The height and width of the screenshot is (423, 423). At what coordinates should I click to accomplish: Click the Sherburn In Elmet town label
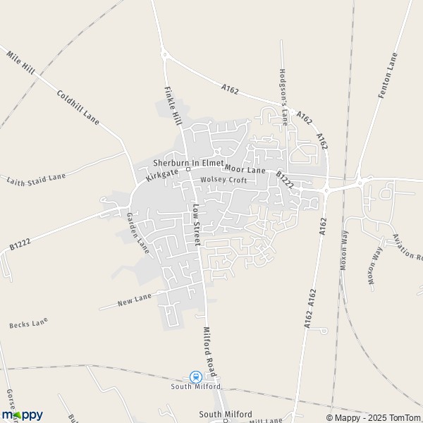(x=188, y=163)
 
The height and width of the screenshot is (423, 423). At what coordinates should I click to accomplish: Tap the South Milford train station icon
(x=196, y=377)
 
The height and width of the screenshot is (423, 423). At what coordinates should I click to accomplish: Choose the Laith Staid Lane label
(x=36, y=177)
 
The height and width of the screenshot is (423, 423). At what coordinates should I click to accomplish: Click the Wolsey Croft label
(x=223, y=180)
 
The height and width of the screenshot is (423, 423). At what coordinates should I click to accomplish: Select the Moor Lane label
(x=245, y=171)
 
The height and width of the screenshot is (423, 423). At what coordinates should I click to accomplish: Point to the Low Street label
(x=197, y=224)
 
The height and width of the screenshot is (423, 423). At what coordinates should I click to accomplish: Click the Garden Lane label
(x=138, y=233)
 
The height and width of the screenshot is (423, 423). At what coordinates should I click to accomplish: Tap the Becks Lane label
(x=28, y=324)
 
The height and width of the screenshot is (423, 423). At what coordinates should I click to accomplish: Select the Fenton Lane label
(x=388, y=75)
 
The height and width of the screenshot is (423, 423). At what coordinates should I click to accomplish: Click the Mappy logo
(x=22, y=415)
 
